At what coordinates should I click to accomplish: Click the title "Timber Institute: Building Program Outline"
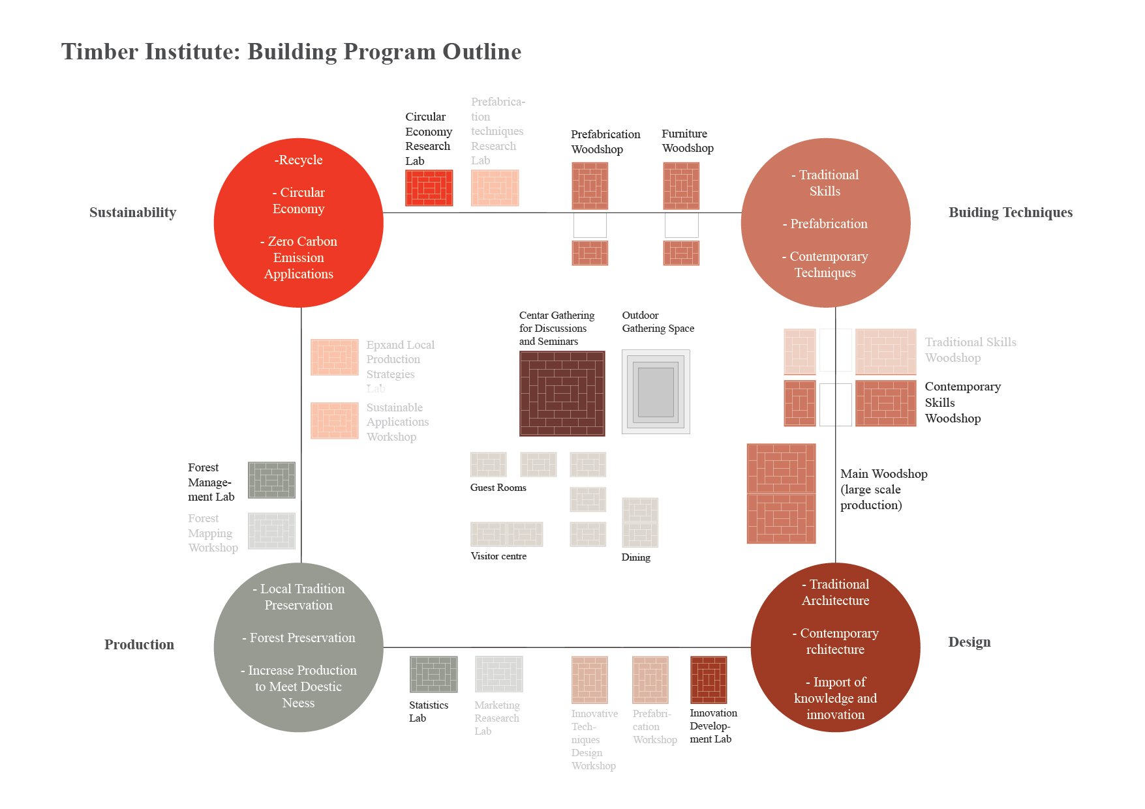pos(291,51)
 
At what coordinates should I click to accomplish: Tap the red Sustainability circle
pos(298,223)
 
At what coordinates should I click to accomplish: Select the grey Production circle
pos(298,647)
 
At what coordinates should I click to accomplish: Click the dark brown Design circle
pos(835,647)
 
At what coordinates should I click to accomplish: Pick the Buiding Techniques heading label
pos(1010,213)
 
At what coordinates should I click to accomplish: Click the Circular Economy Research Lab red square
pos(429,188)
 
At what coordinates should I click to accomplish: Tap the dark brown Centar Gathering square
pos(562,393)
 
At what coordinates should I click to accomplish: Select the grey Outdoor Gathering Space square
pos(656,392)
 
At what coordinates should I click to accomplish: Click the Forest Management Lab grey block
pos(271,480)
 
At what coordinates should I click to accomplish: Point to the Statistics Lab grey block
pos(433,674)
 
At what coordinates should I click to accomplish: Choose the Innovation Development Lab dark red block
pos(708,679)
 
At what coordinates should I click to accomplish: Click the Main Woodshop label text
pos(883,489)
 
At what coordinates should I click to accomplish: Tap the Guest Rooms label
pos(498,488)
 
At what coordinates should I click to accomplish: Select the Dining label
pos(635,557)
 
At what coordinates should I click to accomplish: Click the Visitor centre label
pos(498,556)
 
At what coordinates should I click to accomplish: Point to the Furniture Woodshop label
pos(687,141)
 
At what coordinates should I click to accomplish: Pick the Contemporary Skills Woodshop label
pos(962,402)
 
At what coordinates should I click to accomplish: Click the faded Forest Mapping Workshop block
pos(271,531)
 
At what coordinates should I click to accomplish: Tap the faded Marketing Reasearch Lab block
pos(498,674)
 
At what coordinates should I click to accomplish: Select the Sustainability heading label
pos(132,213)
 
